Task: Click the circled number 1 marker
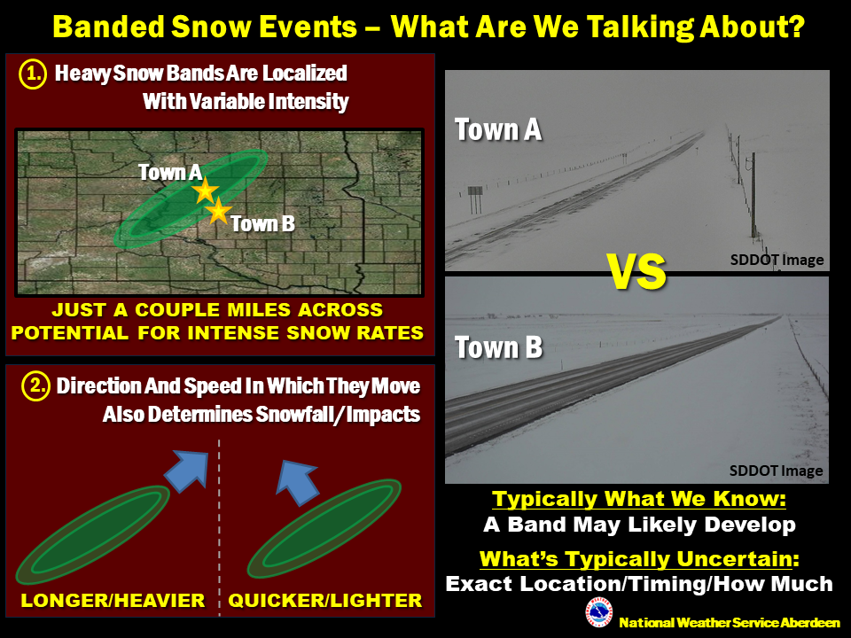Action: (x=33, y=74)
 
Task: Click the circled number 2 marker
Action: (x=35, y=386)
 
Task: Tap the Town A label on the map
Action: (x=170, y=173)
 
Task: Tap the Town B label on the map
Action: (x=262, y=223)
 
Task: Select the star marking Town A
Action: (x=205, y=191)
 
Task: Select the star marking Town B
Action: (x=218, y=211)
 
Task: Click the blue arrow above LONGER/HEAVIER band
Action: (x=187, y=471)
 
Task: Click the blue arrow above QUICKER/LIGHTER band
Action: (x=297, y=482)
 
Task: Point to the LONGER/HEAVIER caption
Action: (x=113, y=601)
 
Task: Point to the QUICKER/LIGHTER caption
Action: (x=325, y=601)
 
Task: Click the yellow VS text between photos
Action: (x=637, y=272)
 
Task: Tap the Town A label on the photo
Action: (x=498, y=130)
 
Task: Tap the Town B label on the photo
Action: (x=499, y=347)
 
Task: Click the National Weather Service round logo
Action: (x=599, y=612)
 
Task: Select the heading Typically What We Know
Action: (x=639, y=499)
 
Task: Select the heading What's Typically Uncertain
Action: (x=639, y=559)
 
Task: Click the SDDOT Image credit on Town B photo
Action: (x=777, y=471)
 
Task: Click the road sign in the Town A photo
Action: (x=475, y=191)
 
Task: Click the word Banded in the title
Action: (x=108, y=27)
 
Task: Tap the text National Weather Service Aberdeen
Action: (x=730, y=623)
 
